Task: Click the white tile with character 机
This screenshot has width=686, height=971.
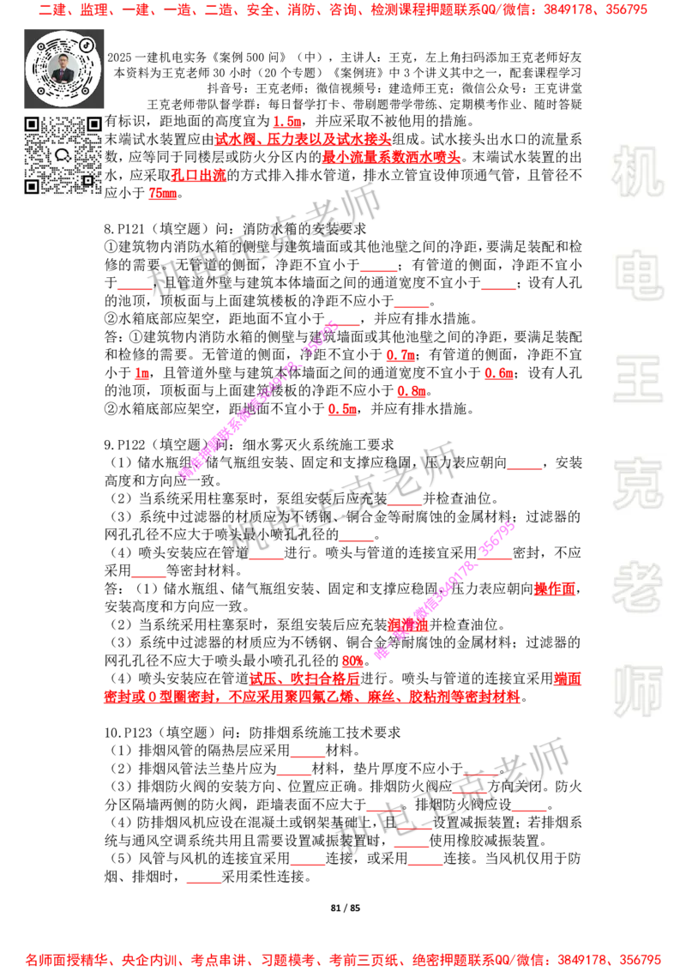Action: pos(637,172)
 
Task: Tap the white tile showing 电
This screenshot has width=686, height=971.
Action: pos(641,274)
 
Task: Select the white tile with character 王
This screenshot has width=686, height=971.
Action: pos(637,380)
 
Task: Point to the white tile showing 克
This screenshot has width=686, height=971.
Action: pos(637,483)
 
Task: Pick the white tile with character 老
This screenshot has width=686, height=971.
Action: pos(637,586)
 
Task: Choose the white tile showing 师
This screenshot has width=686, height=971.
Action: pos(637,692)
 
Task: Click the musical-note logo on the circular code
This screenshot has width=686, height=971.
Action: pos(87,43)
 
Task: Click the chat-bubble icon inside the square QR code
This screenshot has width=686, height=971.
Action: pos(63,155)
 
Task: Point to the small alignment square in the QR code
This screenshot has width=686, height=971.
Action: pos(87,180)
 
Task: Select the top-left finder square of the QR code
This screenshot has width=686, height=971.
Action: pos(32,124)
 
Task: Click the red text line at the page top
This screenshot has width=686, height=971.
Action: pos(343,10)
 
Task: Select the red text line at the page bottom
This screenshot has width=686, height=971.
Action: pos(343,959)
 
